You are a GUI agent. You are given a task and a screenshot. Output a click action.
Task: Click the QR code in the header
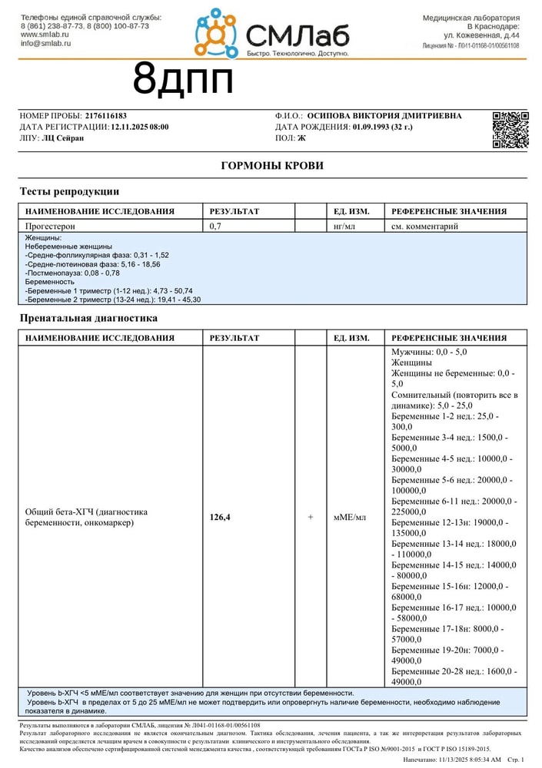click(510, 129)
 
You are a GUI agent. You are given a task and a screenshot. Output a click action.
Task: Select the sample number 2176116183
click(106, 116)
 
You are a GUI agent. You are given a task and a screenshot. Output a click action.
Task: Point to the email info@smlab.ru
click(45, 44)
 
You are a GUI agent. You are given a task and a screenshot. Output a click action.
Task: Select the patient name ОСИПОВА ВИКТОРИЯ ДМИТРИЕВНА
click(384, 116)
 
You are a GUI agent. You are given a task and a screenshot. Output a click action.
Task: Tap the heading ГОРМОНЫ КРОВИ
click(272, 166)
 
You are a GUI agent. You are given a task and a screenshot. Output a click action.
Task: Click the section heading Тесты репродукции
click(68, 191)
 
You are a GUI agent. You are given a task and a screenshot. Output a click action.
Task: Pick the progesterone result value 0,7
click(216, 227)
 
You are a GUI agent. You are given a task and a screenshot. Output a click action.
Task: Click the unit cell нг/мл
click(344, 227)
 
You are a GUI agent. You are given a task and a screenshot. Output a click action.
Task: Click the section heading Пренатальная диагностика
click(88, 318)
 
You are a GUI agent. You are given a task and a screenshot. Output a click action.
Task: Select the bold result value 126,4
click(220, 518)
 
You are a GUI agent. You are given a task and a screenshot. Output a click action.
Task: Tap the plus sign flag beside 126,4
click(311, 518)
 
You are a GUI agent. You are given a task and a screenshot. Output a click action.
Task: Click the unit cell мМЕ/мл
click(350, 518)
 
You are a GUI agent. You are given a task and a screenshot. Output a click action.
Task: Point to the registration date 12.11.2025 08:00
click(140, 127)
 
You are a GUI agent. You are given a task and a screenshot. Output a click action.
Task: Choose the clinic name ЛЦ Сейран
click(63, 137)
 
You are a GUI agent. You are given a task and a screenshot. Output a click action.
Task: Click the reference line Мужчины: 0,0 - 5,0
click(429, 352)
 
